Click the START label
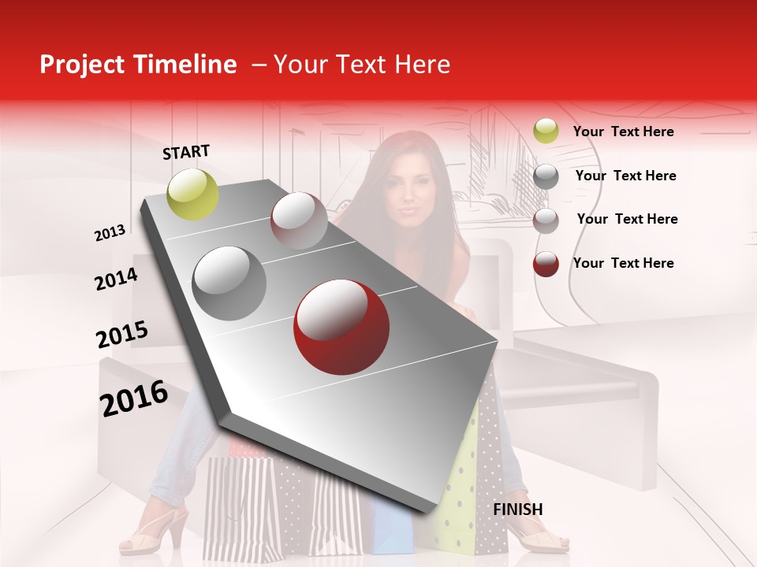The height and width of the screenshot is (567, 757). click(x=186, y=152)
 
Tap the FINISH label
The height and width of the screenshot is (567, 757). click(x=518, y=510)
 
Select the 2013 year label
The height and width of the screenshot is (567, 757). click(x=110, y=233)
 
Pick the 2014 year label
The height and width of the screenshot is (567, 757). click(x=116, y=279)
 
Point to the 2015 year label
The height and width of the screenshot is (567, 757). click(x=121, y=335)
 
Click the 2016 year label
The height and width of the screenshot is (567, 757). click(x=134, y=398)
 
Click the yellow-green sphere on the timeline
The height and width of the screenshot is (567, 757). click(x=193, y=194)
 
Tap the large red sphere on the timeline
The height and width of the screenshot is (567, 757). click(x=341, y=328)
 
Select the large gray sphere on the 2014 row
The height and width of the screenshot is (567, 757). click(x=229, y=283)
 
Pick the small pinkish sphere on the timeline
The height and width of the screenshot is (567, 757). click(x=299, y=220)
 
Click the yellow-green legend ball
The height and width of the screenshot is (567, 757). click(x=546, y=131)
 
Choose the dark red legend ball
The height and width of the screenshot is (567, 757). click(x=546, y=264)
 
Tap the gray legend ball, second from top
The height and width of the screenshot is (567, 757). click(x=546, y=176)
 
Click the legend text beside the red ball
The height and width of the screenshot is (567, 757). click(x=623, y=263)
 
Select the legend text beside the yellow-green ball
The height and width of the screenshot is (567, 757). click(x=623, y=132)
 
